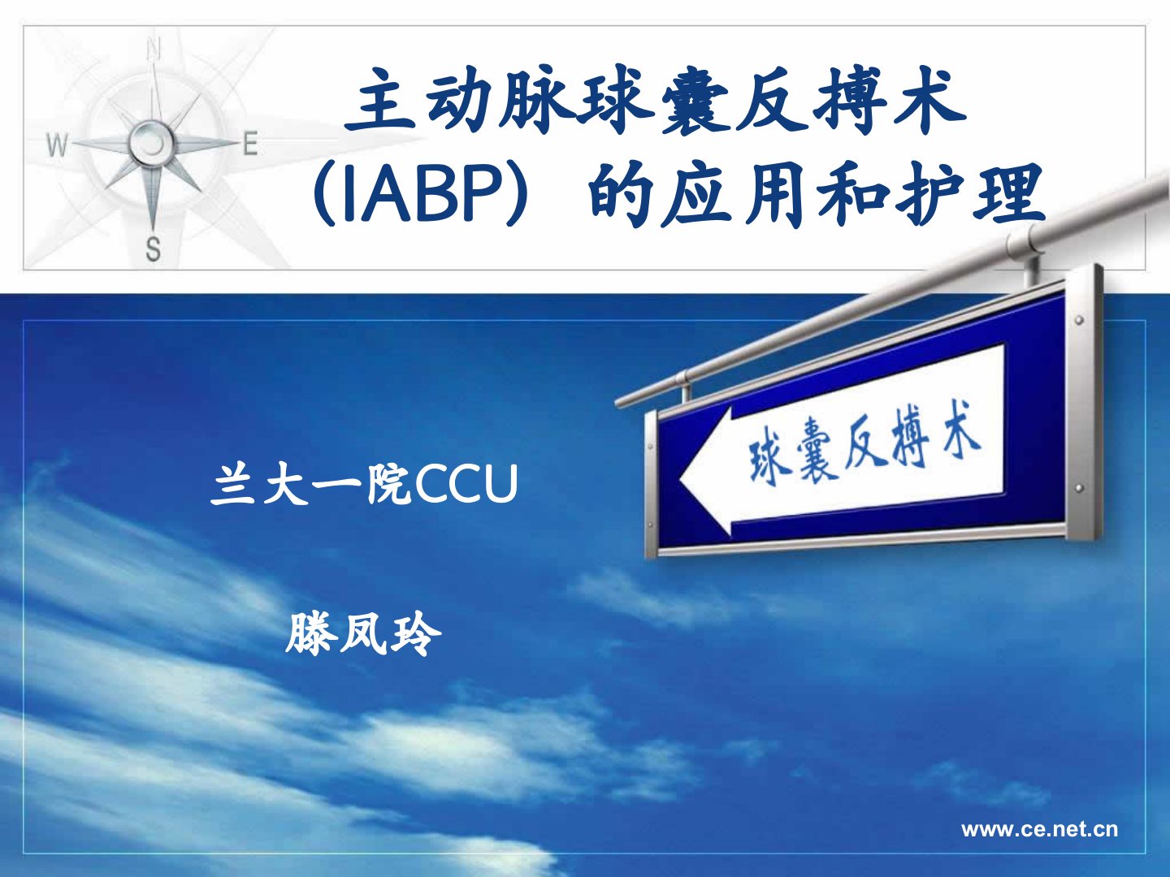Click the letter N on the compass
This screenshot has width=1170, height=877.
coord(154,50)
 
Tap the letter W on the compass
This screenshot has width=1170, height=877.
coord(58,145)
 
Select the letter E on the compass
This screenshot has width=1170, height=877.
coord(250,143)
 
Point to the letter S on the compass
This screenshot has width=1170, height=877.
coord(153,248)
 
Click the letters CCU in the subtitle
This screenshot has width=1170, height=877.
coord(466,484)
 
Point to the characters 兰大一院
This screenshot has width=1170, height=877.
coord(310,484)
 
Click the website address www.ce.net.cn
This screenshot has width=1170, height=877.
coord(1039,830)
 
